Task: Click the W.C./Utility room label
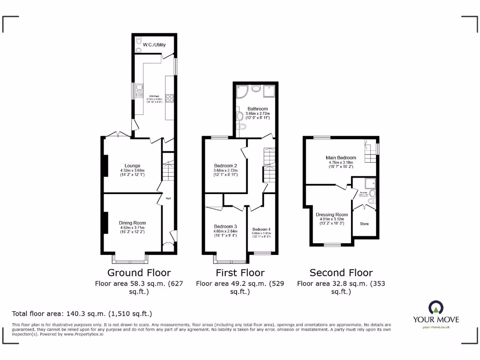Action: [154, 45]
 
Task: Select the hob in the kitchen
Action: [169, 99]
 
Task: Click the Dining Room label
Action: [132, 223]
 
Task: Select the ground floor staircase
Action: [168, 171]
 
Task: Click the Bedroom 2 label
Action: [225, 165]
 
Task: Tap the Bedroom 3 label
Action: [225, 226]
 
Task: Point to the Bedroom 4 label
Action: [262, 229]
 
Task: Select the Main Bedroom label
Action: [341, 158]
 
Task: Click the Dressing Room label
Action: [331, 215]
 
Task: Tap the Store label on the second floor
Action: [364, 224]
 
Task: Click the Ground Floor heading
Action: [139, 273]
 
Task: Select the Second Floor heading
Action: [341, 273]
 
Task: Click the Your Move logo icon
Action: [435, 307]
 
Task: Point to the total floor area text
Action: [82, 314]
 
